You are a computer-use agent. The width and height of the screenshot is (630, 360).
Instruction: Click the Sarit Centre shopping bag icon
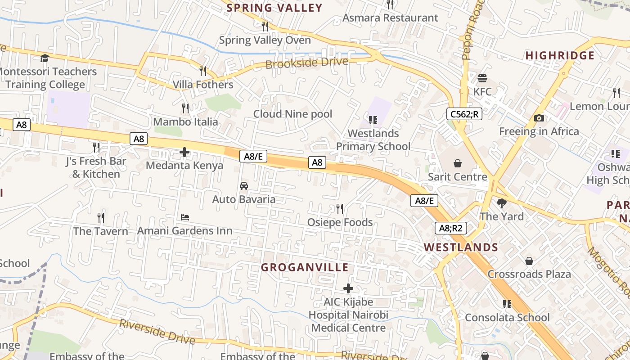(458, 163)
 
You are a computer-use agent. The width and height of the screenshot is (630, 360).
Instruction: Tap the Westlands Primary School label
(373, 140)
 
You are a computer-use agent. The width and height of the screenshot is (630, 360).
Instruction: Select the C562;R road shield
(464, 114)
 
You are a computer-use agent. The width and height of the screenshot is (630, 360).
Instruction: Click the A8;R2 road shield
(450, 228)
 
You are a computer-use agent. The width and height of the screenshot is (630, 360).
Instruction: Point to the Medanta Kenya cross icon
(184, 152)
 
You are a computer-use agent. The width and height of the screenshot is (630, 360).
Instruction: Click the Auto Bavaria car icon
(243, 186)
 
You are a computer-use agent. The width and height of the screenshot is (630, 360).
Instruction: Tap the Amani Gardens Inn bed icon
(184, 217)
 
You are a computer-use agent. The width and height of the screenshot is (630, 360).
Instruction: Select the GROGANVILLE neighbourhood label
(305, 267)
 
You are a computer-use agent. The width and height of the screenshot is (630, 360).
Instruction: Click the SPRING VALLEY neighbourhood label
(274, 8)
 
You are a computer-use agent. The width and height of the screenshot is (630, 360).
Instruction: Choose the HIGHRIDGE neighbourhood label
(560, 55)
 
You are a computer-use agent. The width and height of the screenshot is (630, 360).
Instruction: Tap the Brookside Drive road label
(307, 63)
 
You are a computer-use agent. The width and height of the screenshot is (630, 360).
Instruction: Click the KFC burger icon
(482, 78)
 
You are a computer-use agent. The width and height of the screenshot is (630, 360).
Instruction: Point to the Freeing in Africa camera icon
(539, 118)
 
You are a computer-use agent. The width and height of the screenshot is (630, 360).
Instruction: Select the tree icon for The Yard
(501, 203)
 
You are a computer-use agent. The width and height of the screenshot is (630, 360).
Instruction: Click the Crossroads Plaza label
(529, 274)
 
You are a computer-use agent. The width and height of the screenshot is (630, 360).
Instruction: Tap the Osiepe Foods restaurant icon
(340, 209)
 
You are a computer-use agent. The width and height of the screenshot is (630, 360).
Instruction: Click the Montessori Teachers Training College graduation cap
(45, 58)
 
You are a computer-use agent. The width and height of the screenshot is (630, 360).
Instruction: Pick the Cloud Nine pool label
(292, 114)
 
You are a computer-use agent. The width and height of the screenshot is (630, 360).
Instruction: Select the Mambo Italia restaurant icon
(185, 108)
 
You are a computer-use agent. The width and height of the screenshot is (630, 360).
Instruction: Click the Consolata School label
(507, 318)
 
